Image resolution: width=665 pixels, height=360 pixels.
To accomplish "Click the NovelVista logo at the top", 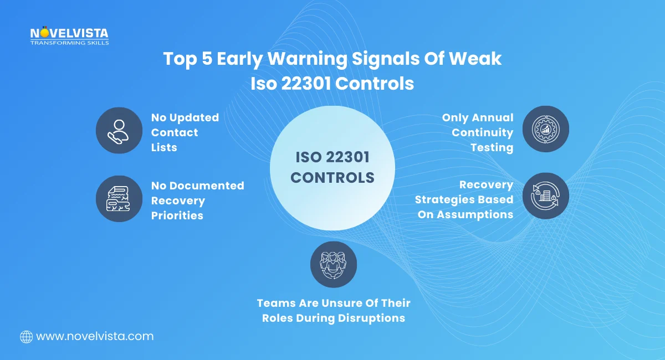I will pos(69,34).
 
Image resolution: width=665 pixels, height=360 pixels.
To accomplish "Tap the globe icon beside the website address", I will pos(26,336).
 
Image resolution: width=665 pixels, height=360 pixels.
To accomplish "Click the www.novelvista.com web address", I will pos(94,336).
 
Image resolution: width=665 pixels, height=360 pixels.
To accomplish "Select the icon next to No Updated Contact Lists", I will pos(119,131).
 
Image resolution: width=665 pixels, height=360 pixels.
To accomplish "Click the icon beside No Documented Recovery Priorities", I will pos(119,199).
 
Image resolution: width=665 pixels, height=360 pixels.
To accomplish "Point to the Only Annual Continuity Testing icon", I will pos(545,129).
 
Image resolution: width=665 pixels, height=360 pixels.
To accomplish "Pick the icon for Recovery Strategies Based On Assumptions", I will pos(545,196).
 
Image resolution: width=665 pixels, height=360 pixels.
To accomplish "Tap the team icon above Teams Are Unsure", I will pos(333,264).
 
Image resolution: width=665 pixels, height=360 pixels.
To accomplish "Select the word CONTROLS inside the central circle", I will pos(332,178).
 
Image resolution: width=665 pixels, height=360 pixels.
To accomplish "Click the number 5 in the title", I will pos(206,59).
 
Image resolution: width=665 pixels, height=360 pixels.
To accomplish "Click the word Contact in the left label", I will pos(175,132).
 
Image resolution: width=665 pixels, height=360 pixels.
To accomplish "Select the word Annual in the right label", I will pos(492,118).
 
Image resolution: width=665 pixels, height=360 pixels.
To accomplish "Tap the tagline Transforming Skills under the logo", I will pos(69,43).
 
